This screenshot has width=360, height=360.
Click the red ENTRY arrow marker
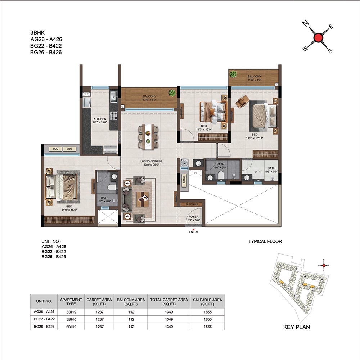[194, 230]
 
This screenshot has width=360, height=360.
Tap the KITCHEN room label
[100, 119]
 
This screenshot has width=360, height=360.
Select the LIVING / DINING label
[151, 161]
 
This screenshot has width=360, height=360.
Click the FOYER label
[194, 216]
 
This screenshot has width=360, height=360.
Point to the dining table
[148, 137]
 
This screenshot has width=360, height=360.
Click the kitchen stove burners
[114, 116]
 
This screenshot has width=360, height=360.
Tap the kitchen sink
[113, 96]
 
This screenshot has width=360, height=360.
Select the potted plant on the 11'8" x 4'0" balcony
[233, 74]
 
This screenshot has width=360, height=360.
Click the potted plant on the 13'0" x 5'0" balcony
[172, 93]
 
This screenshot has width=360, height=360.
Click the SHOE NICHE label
[192, 204]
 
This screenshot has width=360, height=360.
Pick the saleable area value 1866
[208, 327]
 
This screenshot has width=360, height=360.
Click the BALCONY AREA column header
[131, 302]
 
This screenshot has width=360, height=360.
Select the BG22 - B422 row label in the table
[44, 319]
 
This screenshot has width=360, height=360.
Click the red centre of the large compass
[318, 38]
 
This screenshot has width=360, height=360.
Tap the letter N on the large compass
[305, 23]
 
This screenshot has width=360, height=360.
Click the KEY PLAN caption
[296, 327]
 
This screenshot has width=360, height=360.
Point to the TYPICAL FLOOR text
[265, 241]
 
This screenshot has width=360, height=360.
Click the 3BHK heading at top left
[37, 32]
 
